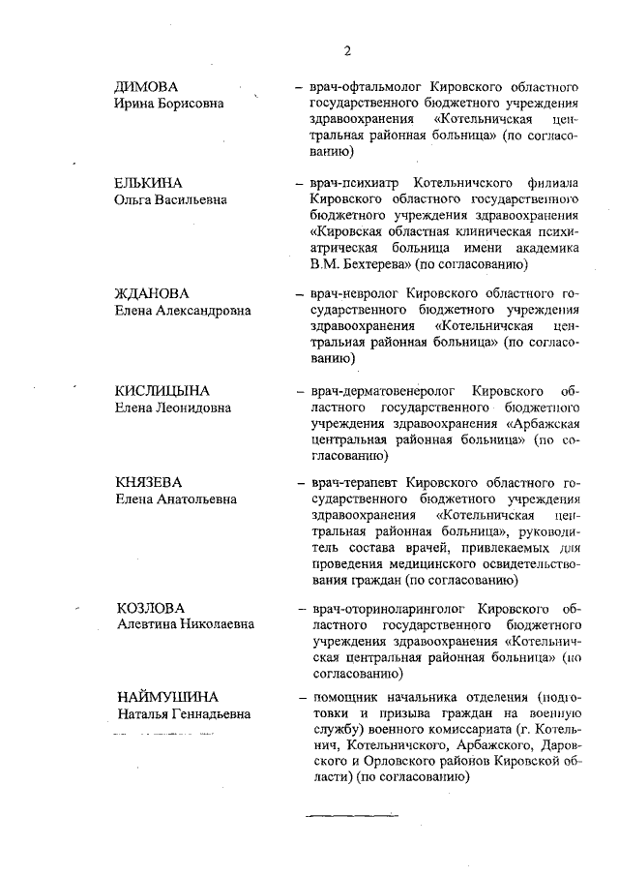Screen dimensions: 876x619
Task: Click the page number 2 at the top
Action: [346, 51]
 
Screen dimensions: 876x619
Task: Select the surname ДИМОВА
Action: [146, 85]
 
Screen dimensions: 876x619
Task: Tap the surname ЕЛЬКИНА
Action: [149, 183]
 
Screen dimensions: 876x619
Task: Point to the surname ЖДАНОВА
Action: [152, 293]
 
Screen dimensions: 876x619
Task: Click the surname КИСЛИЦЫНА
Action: [162, 391]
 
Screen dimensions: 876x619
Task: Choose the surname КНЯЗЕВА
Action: [149, 482]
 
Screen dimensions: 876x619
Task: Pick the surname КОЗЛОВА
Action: [150, 608]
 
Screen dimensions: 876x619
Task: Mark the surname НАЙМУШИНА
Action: [167, 697]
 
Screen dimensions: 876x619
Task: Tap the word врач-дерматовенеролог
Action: [378, 391]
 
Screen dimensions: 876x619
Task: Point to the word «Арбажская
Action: [543, 424]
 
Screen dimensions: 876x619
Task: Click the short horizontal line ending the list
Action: [339, 816]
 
